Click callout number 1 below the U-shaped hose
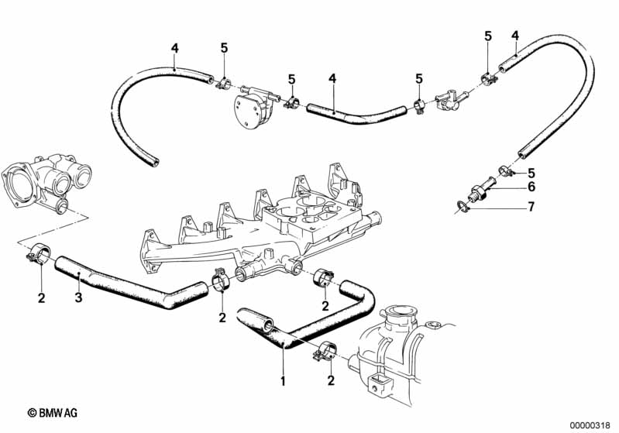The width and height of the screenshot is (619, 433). coord(283,381)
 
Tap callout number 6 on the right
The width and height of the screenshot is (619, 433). coord(531,187)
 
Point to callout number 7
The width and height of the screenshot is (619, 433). coord(531,207)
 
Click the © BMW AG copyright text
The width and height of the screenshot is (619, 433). coord(53,414)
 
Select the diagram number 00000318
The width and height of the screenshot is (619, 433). coord(590,424)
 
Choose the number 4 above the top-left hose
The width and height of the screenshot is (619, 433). coord(175,48)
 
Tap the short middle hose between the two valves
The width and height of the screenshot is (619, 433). coord(352,115)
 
